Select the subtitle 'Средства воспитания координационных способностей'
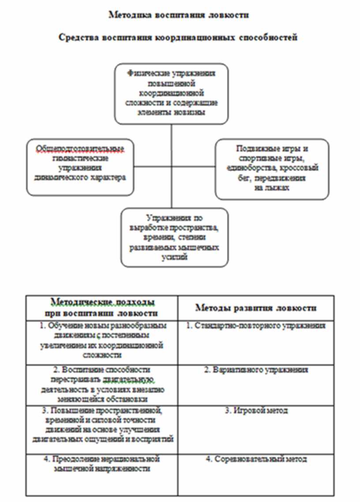tap(178, 37)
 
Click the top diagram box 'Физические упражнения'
tap(172, 94)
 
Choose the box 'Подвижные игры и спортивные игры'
tap(272, 169)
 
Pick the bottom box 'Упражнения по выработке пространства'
tap(175, 237)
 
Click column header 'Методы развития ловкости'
tap(256, 307)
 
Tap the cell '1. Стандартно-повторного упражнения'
tap(256, 326)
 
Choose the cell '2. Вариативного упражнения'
tap(256, 370)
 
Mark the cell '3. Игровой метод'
tap(256, 411)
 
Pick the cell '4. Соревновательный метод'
tap(256, 459)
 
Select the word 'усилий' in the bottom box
tap(174, 257)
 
